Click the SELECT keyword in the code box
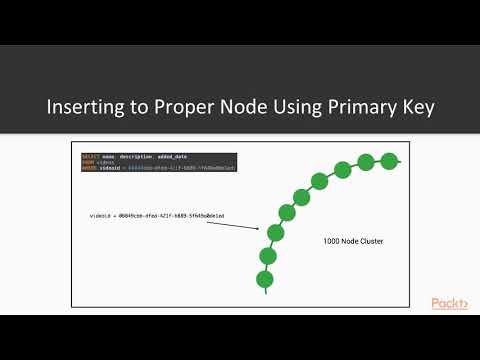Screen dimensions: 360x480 (90, 157)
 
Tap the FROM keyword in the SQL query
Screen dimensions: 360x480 (88, 162)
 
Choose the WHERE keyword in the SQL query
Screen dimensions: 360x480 (90, 167)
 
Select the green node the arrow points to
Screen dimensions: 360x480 (276, 233)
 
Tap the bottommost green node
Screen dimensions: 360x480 (265, 279)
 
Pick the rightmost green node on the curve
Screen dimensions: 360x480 (390, 160)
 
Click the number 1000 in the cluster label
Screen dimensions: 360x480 (332, 241)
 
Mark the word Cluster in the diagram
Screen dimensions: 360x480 (370, 241)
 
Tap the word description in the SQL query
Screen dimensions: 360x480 (133, 157)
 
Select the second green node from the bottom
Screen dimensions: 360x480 (267, 256)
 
